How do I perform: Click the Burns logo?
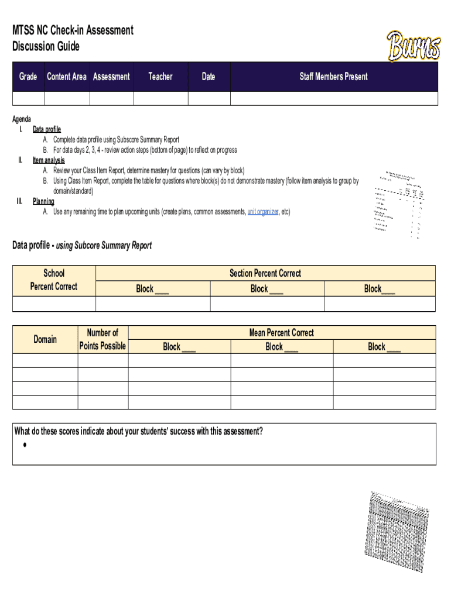pyautogui.click(x=413, y=47)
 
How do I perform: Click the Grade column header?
pyautogui.click(x=28, y=77)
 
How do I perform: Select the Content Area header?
pyautogui.click(x=67, y=77)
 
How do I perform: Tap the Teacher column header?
pyautogui.click(x=160, y=77)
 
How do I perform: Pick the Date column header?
pyautogui.click(x=209, y=77)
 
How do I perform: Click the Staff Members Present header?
pyautogui.click(x=334, y=77)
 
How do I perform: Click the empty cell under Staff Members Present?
pyautogui.click(x=334, y=98)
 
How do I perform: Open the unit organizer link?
pyautogui.click(x=263, y=212)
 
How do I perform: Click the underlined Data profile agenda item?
pyautogui.click(x=47, y=129)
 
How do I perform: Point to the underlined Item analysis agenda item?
pyautogui.click(x=49, y=160)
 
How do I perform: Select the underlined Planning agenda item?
pyautogui.click(x=43, y=201)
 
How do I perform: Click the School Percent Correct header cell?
pyautogui.click(x=54, y=280)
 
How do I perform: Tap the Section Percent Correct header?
pyautogui.click(x=265, y=273)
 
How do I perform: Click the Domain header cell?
pyautogui.click(x=45, y=339)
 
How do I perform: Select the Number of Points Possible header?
pyautogui.click(x=102, y=339)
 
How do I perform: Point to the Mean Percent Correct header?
pyautogui.click(x=282, y=332)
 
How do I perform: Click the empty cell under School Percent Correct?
pyautogui.click(x=54, y=304)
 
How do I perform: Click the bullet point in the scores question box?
pyautogui.click(x=26, y=445)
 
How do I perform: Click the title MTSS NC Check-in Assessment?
pyautogui.click(x=73, y=30)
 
